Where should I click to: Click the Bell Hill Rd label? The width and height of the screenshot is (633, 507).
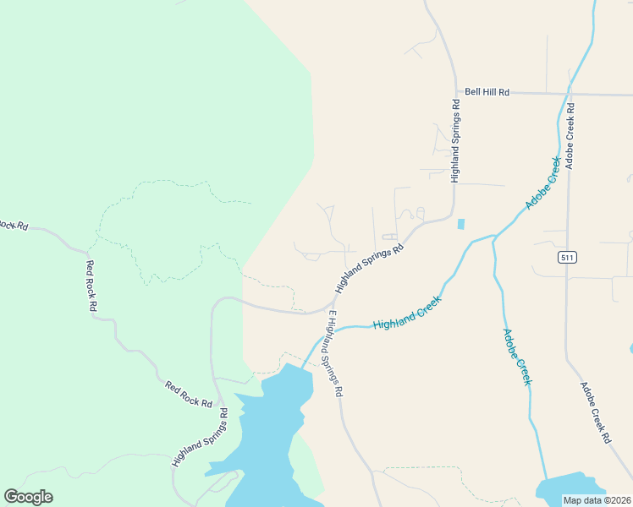[x=487, y=91]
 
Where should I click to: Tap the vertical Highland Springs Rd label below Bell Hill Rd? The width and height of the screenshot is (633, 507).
[x=455, y=141]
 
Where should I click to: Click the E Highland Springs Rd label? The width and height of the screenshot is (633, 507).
[x=336, y=353]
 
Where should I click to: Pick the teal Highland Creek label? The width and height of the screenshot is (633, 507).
[x=407, y=313]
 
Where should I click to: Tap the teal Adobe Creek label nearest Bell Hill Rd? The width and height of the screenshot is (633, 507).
[x=543, y=183]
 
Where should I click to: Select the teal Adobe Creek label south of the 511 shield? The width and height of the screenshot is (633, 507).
[x=517, y=357]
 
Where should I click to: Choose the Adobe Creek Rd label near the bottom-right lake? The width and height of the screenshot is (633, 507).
[x=595, y=412]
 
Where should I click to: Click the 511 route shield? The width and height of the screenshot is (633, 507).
[x=567, y=256]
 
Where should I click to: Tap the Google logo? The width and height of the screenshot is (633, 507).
[x=28, y=497]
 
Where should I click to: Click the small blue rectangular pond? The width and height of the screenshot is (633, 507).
[x=460, y=224]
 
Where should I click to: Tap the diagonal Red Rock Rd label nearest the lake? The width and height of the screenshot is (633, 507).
[x=189, y=395]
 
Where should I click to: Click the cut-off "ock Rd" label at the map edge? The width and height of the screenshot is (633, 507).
[x=14, y=225]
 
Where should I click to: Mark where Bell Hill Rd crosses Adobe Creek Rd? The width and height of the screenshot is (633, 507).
[x=568, y=93]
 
